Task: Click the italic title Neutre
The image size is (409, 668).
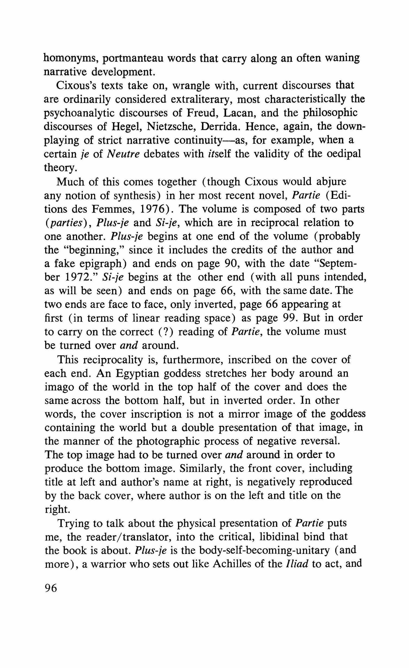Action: coord(123,154)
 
